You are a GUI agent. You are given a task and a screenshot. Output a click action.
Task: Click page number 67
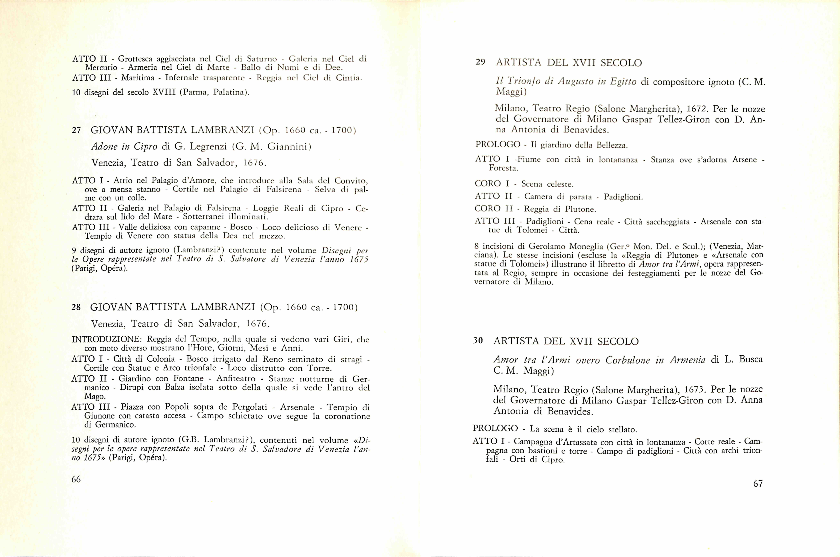(x=758, y=484)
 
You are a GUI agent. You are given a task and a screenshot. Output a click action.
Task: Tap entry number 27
(x=76, y=130)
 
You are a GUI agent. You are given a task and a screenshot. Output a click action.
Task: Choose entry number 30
(x=478, y=341)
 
